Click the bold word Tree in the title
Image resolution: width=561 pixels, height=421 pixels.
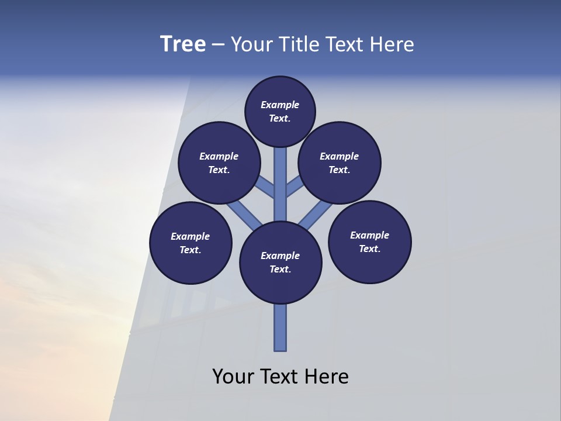183,44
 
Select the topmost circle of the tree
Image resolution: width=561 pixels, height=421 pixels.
280,111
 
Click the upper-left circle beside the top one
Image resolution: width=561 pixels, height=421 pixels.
219,163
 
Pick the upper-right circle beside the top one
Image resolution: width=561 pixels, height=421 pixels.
340,163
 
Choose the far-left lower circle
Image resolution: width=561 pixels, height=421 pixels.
191,243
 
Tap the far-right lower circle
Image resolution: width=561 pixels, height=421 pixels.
370,241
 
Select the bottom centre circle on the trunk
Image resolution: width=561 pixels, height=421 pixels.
280,263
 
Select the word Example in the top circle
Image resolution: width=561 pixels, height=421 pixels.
280,105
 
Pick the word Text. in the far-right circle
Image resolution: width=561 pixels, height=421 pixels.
370,249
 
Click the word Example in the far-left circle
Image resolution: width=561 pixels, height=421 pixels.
191,236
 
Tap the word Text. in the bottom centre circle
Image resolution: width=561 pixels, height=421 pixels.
280,269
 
